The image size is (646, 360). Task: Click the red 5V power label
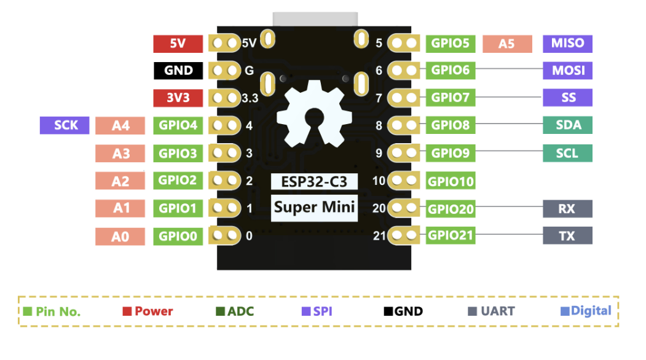[178, 44]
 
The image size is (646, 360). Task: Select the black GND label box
[178, 71]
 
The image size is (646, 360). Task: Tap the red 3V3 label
[178, 98]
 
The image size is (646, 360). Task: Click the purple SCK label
[65, 125]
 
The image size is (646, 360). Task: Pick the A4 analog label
[120, 126]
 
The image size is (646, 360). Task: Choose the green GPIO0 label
[178, 236]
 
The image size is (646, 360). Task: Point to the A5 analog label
[506, 44]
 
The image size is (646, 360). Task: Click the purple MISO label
[567, 44]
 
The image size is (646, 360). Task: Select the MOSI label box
[567, 71]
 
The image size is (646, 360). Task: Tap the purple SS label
[567, 98]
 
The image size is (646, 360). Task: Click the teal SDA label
[567, 125]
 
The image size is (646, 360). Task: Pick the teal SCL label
[567, 153]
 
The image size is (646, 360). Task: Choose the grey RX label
[567, 209]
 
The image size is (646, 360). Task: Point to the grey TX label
[567, 236]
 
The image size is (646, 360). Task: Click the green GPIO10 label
[451, 181]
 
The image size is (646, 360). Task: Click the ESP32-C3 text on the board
[314, 182]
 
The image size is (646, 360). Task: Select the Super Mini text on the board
[314, 207]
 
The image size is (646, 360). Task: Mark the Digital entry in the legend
[586, 311]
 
